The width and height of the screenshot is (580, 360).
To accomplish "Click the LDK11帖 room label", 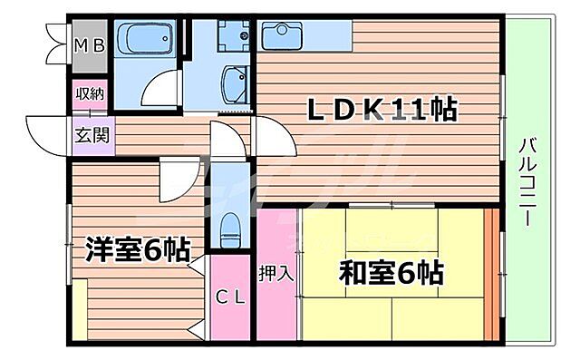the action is pyautogui.click(x=380, y=111).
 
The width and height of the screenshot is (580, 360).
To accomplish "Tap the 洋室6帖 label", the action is pyautogui.click(x=138, y=249).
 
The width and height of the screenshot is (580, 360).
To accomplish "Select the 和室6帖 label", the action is pyautogui.click(x=391, y=270).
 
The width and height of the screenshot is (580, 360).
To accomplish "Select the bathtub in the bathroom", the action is pyautogui.click(x=149, y=40).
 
